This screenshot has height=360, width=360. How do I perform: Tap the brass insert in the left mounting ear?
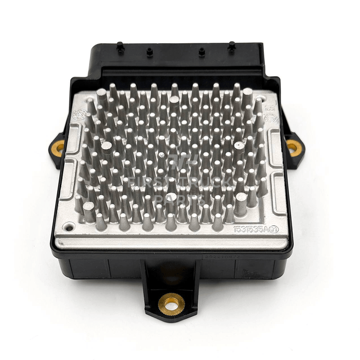pos(58,148)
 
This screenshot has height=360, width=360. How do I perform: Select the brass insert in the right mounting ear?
pos(294,148)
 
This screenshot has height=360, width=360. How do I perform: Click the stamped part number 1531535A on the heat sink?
pos(251,229)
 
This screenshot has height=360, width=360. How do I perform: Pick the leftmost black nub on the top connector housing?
pos(120,47)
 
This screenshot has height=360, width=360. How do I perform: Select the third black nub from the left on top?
pos(202,51)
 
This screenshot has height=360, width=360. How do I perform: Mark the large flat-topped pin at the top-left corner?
pos(101,93)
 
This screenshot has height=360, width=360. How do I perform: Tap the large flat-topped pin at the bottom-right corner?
pos(241,197)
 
